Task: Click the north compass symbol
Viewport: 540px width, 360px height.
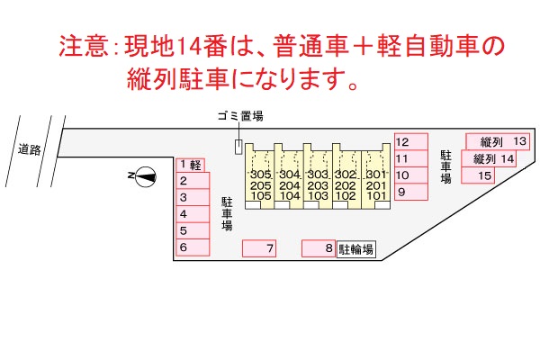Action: click(145, 176)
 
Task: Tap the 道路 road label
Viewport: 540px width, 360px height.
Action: click(30, 149)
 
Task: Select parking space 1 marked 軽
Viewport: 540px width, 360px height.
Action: click(191, 165)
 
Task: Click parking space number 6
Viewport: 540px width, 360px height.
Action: click(193, 247)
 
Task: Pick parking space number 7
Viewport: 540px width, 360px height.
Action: click(259, 248)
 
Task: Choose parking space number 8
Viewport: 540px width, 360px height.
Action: click(319, 248)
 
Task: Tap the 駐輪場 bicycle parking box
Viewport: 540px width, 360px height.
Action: click(356, 248)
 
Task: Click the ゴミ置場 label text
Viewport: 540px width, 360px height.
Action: click(240, 116)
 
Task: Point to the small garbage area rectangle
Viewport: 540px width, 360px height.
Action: click(238, 147)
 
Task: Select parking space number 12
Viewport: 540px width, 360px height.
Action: click(411, 142)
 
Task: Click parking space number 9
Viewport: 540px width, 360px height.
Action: click(411, 192)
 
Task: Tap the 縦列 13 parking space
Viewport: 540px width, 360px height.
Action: click(498, 141)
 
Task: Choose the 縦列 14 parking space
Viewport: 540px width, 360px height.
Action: click(489, 158)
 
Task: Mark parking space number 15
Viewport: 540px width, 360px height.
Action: click(478, 175)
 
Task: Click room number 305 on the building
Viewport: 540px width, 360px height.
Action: click(261, 175)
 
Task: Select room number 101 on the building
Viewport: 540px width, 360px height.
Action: click(376, 195)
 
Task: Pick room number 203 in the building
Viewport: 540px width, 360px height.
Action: click(318, 185)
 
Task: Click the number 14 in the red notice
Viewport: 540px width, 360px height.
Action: click(189, 46)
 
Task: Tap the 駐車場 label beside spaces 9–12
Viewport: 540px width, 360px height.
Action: click(445, 166)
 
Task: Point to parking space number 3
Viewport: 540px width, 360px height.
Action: click(193, 197)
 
